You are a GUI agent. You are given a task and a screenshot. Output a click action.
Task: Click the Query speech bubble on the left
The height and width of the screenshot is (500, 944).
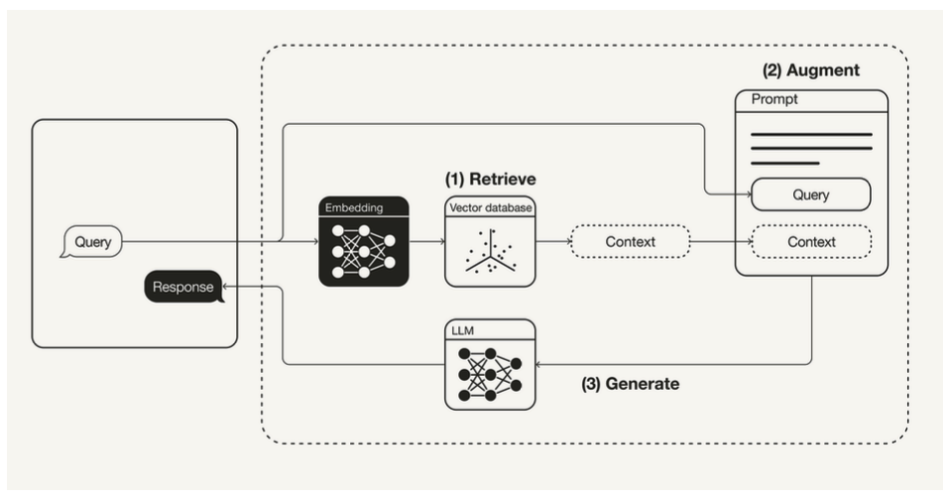pos(92,242)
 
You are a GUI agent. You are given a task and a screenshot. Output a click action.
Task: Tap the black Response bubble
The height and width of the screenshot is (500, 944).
pos(183,288)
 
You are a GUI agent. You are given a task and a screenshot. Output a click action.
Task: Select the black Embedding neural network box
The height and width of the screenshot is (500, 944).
pos(364,242)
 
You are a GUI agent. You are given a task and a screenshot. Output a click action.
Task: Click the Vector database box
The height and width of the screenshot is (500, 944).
pos(490,242)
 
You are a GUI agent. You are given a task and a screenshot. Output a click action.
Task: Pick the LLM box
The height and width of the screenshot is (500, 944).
pos(490,365)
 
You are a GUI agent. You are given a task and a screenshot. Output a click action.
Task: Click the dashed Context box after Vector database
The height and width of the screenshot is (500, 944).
pos(630,242)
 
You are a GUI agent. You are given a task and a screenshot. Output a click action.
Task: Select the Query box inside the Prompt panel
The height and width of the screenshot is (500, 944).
pos(810,194)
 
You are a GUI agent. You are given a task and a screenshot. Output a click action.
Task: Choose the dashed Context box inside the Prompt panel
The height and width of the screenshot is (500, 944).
pos(810,242)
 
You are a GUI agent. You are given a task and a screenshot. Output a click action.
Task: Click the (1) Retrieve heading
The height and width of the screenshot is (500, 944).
pos(490,180)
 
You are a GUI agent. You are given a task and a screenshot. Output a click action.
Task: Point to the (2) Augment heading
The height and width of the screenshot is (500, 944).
pos(810,71)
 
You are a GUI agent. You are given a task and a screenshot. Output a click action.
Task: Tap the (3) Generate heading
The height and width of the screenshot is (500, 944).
pos(630,384)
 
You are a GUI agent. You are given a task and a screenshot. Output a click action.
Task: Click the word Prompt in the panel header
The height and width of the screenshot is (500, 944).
pos(774,100)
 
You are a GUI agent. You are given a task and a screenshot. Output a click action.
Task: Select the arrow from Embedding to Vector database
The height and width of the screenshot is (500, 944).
pos(427,242)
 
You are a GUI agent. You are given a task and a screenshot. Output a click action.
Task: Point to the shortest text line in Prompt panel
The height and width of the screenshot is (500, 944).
pos(784,163)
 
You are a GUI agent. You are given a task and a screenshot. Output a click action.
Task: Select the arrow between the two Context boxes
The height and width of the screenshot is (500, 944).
pos(720,242)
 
